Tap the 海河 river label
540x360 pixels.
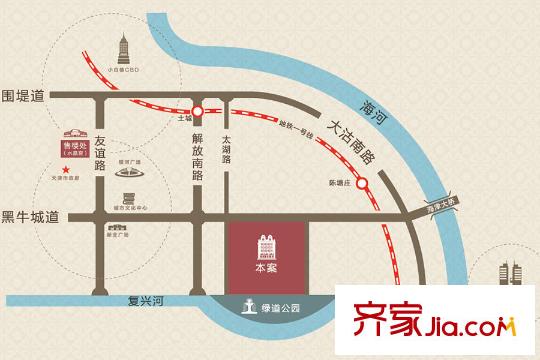coord(375,104)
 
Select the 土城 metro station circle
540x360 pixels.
coord(198,111)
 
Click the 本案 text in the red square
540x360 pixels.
coord(266,268)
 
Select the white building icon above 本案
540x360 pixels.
coord(266,246)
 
